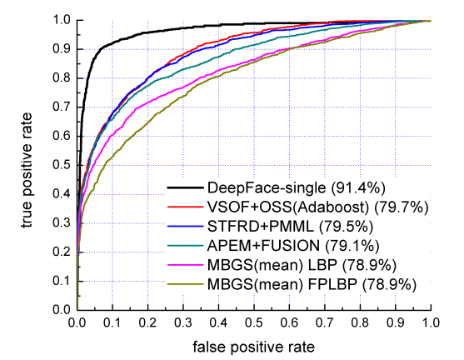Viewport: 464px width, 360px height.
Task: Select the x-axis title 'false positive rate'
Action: click(254, 344)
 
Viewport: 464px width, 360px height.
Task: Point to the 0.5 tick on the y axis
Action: click(62, 165)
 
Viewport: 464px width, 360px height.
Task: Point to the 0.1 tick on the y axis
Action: click(62, 281)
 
